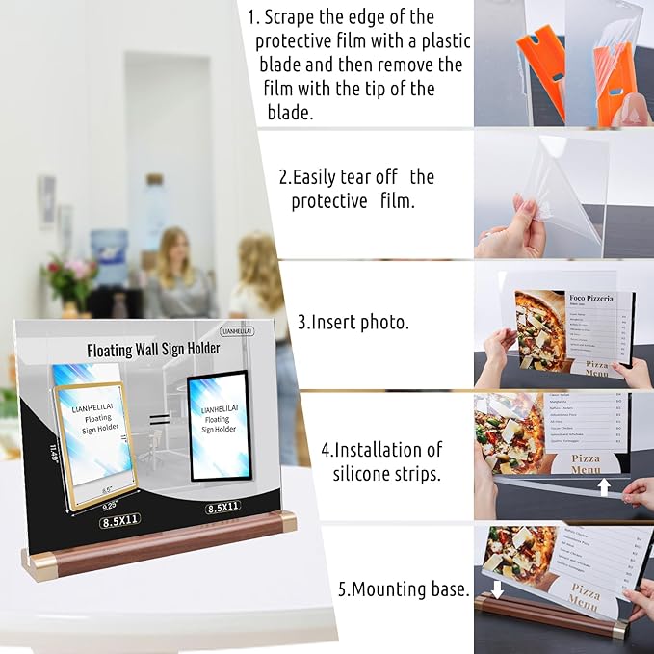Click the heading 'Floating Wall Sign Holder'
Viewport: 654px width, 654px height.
(x=149, y=350)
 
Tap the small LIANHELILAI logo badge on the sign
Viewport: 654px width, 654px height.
(x=237, y=330)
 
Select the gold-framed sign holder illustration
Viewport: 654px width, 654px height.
(x=94, y=432)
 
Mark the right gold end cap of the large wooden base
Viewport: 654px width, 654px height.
(x=286, y=523)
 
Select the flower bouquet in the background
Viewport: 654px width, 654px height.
(x=69, y=279)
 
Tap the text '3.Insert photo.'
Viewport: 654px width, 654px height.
(x=353, y=323)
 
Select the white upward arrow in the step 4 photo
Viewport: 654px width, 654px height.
(x=604, y=486)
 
